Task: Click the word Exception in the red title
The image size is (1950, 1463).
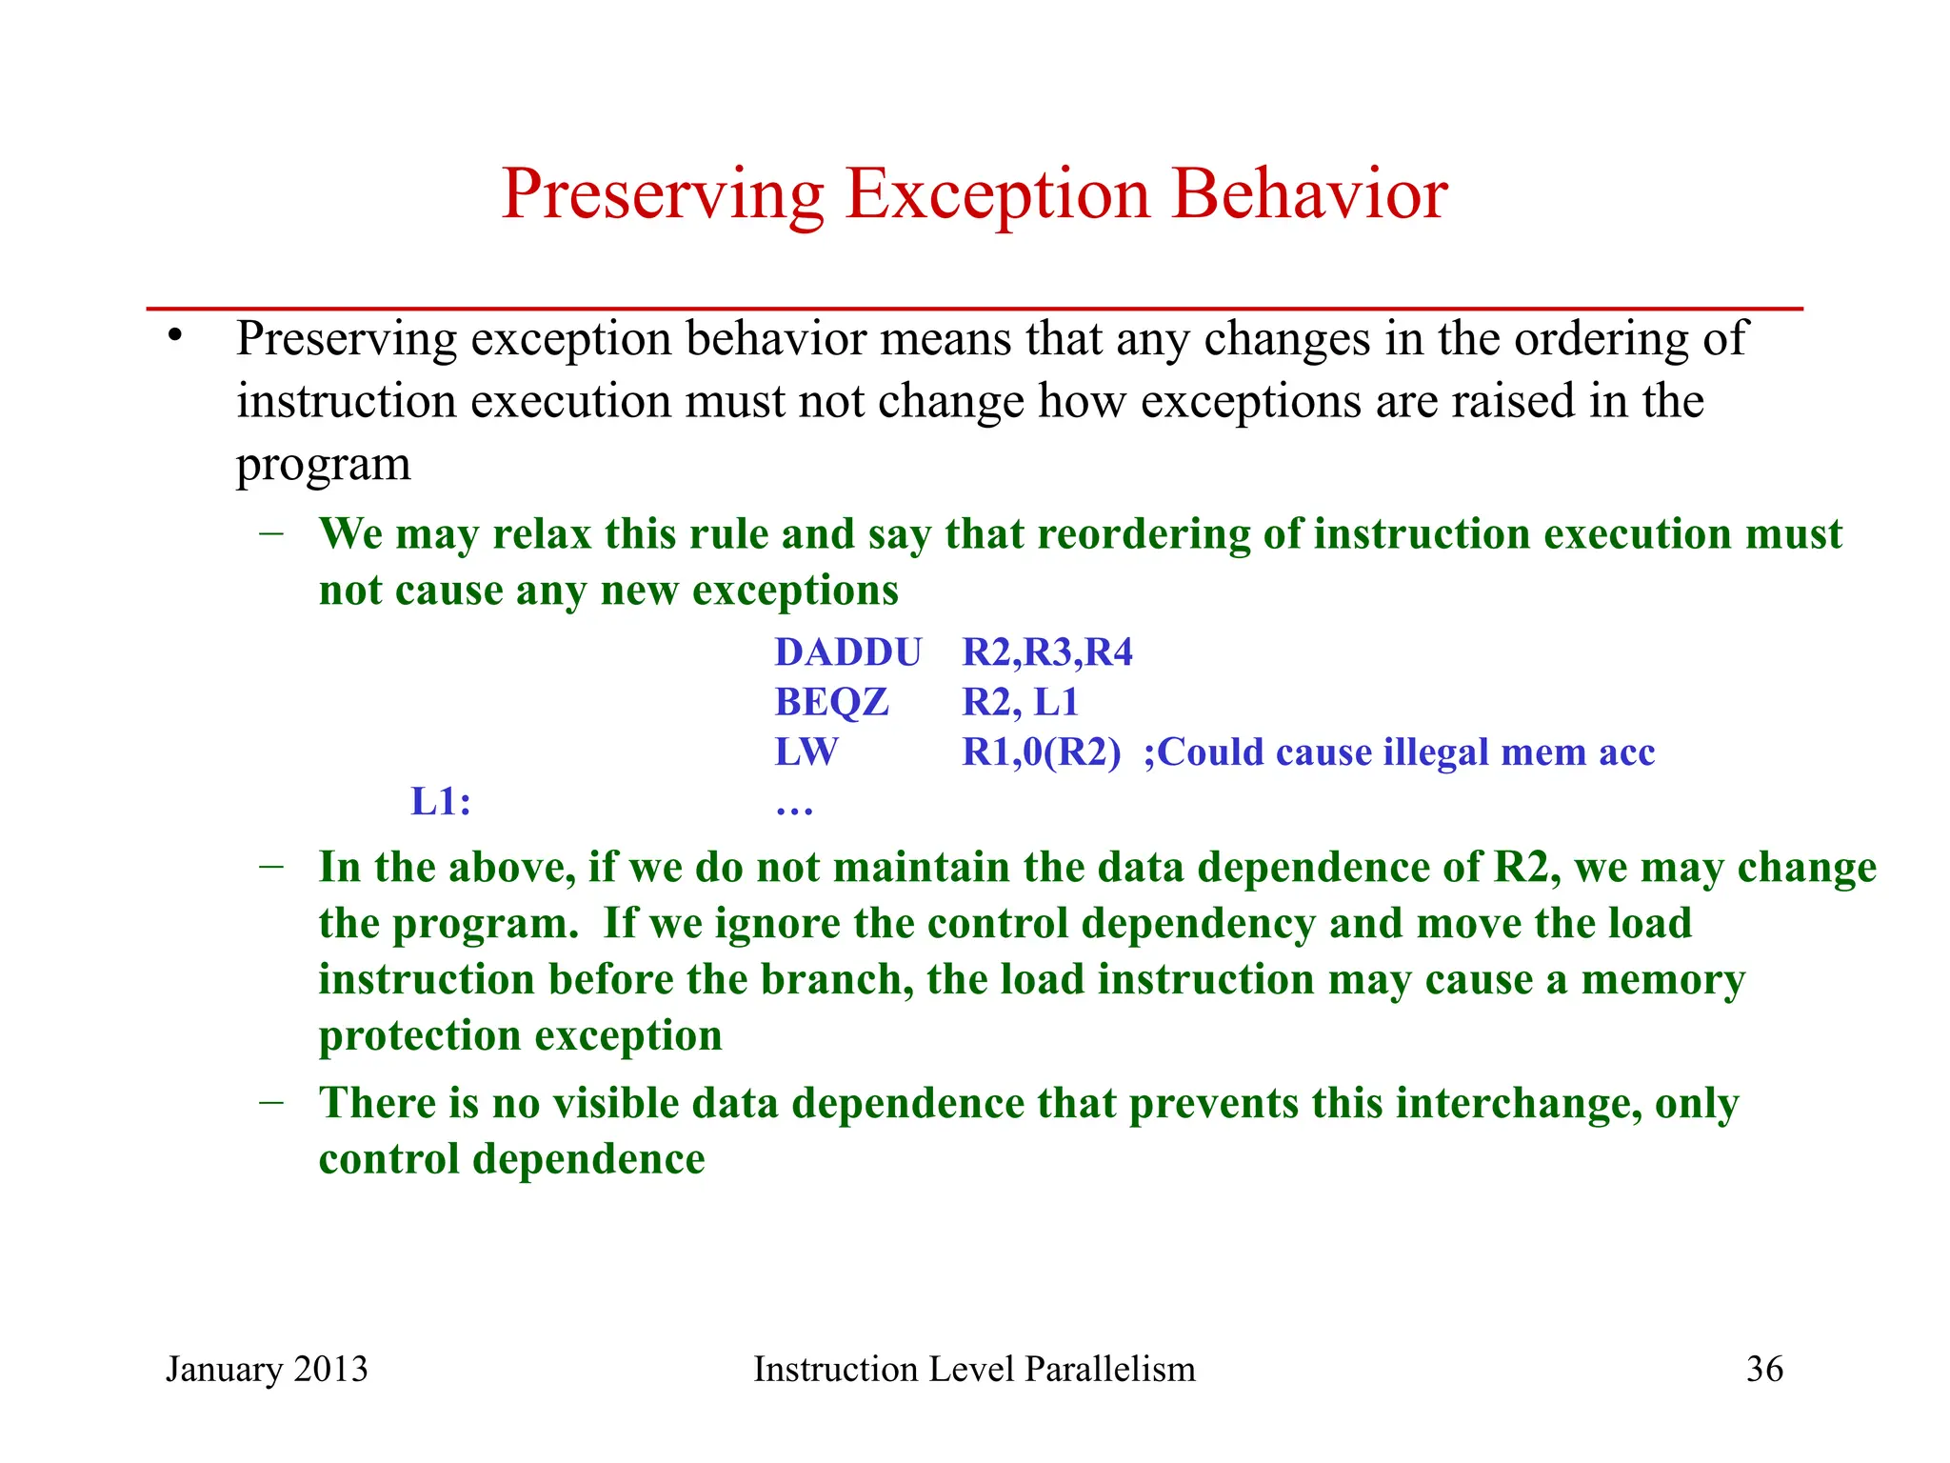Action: [x=997, y=194]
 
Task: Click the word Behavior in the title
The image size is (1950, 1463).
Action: [x=1309, y=194]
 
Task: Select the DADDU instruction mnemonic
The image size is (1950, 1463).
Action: [x=847, y=652]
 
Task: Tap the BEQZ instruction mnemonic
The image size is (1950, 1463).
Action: [x=831, y=703]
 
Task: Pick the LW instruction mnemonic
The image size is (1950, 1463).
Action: [x=806, y=752]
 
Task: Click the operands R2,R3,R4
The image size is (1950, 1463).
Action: [x=1047, y=652]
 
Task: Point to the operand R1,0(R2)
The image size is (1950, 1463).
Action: [x=1041, y=752]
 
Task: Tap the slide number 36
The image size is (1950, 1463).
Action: [x=1764, y=1370]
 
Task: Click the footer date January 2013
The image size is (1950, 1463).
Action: [x=267, y=1370]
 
